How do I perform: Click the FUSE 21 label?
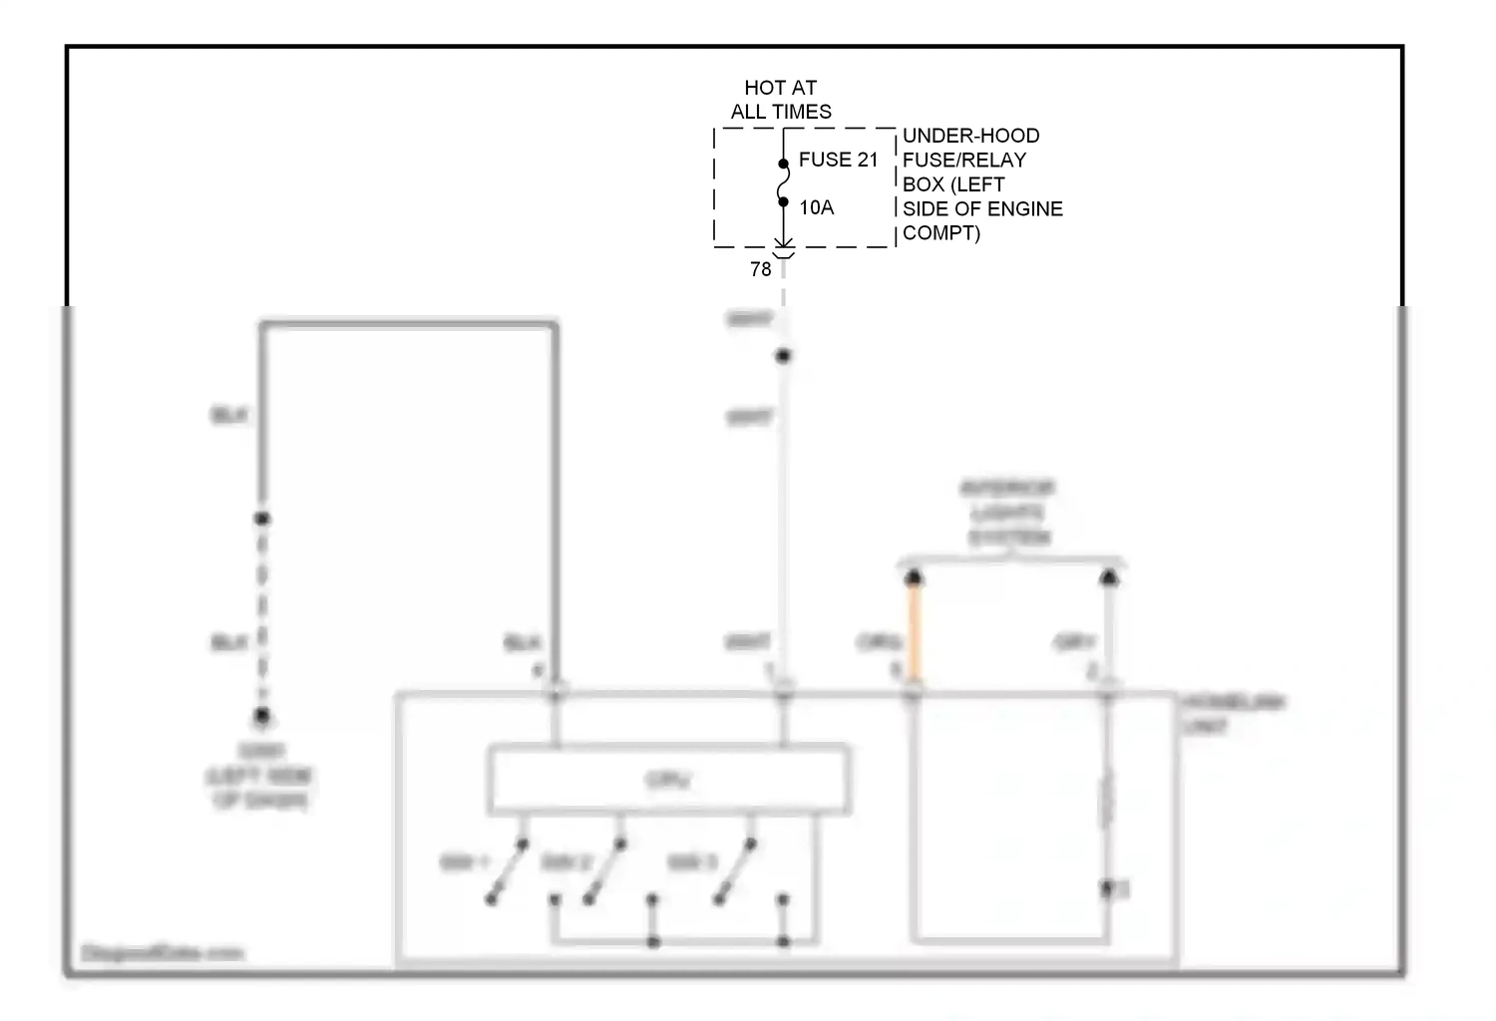coord(838,160)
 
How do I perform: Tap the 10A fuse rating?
coord(816,207)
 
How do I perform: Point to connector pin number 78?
coord(760,269)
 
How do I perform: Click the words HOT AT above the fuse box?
coord(780,88)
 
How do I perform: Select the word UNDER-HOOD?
coord(970,136)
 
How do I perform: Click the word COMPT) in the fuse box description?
coord(940,233)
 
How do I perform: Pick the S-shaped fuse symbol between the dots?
coord(783,183)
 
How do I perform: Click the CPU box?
coord(668,780)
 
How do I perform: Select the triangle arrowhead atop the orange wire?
coord(913,577)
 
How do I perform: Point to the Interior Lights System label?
coord(1007,512)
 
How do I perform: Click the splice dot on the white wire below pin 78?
coord(783,356)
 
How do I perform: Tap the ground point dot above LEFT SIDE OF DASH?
coord(261,715)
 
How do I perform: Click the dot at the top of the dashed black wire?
coord(261,518)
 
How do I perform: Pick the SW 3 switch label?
coord(691,861)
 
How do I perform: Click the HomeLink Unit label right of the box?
coord(1232,714)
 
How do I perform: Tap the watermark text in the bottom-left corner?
coord(162,953)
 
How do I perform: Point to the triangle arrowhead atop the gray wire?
coord(1108,577)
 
